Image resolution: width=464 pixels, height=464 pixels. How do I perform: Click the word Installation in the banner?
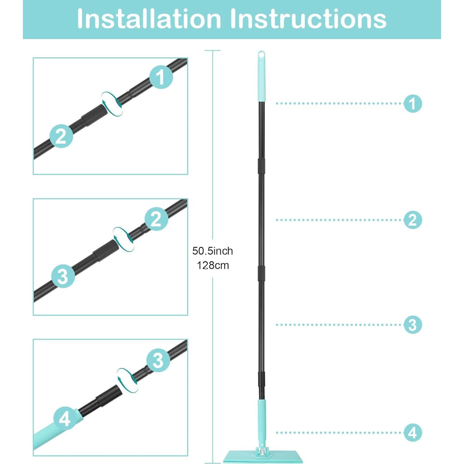pyautogui.click(x=149, y=19)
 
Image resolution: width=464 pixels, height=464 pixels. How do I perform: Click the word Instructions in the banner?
pyautogui.click(x=308, y=19)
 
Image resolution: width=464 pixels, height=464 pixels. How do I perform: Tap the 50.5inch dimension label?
pyautogui.click(x=212, y=251)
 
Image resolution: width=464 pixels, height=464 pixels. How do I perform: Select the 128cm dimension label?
pyautogui.click(x=213, y=265)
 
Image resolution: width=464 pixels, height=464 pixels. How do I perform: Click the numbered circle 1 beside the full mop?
pyautogui.click(x=413, y=103)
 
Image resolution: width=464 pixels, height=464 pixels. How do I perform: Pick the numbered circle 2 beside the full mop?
pyautogui.click(x=413, y=220)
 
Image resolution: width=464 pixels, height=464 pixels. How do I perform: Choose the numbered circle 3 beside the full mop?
pyautogui.click(x=413, y=325)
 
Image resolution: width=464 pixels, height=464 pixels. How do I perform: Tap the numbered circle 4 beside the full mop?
pyautogui.click(x=413, y=433)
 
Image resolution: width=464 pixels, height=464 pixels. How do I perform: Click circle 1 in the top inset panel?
pyautogui.click(x=161, y=77)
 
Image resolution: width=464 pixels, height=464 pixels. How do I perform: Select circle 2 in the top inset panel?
pyautogui.click(x=61, y=136)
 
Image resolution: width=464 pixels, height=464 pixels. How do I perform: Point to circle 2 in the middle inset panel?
pyautogui.click(x=156, y=219)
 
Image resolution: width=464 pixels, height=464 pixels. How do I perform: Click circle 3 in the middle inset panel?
pyautogui.click(x=63, y=276)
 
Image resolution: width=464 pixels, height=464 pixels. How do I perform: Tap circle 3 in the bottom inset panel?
pyautogui.click(x=158, y=360)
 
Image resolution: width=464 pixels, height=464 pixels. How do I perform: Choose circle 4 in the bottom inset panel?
pyautogui.click(x=65, y=419)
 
